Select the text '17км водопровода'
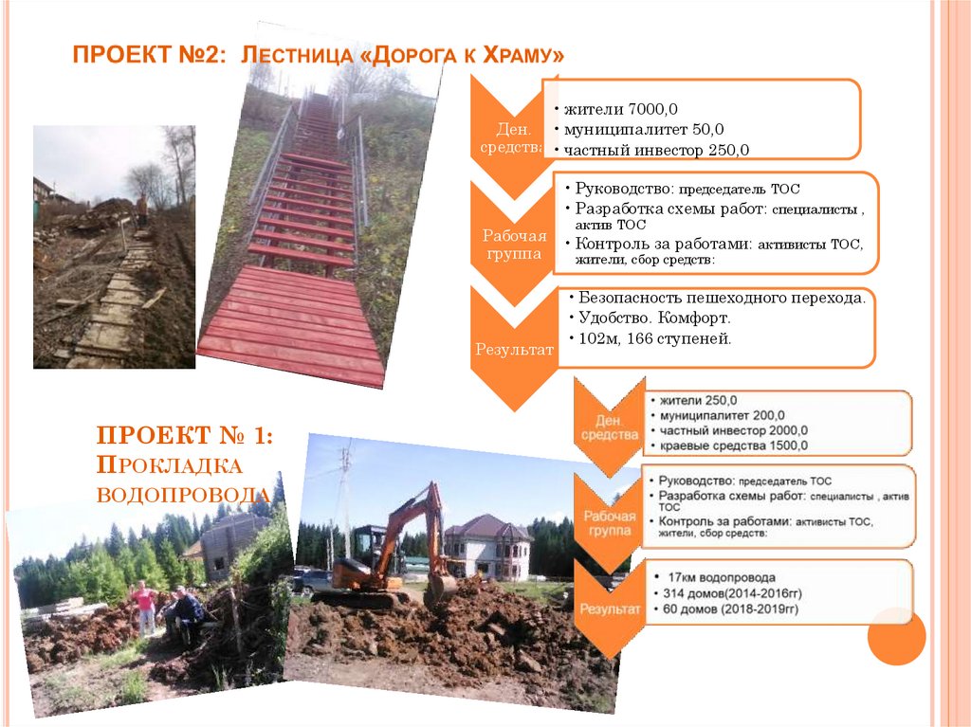pos(722,577)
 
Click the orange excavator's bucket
pos(439,591)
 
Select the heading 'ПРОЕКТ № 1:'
pos(185,436)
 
